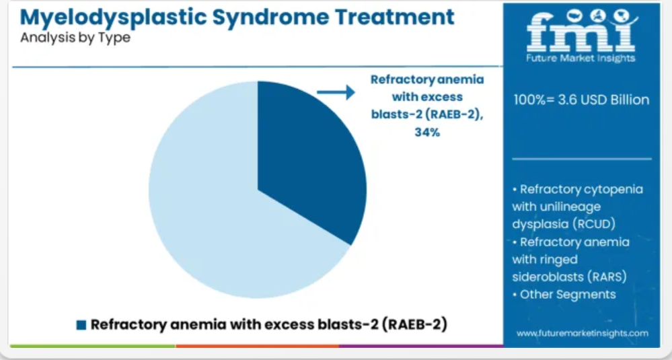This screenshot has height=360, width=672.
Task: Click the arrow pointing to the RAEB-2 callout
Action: click(336, 92)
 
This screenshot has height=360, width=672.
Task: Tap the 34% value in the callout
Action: click(427, 133)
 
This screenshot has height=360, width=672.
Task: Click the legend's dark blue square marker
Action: click(81, 325)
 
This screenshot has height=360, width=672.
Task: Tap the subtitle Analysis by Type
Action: click(75, 38)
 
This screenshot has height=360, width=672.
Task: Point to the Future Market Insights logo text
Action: click(581, 59)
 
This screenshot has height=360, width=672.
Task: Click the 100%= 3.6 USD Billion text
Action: click(581, 100)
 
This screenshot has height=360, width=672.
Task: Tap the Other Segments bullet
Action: click(564, 295)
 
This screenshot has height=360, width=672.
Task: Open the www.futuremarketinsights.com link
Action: click(583, 333)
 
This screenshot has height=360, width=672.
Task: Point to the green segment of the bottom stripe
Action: click(93, 345)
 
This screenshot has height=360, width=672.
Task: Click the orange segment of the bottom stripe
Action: click(257, 345)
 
